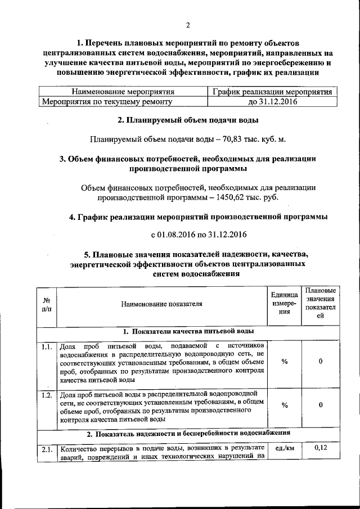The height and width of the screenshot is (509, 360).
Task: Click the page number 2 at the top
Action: click(x=188, y=25)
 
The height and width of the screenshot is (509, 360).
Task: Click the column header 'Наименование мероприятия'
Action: click(x=123, y=92)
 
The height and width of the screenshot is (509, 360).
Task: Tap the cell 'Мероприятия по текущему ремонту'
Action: click(x=107, y=102)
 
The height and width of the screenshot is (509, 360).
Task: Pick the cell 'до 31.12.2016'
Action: click(x=273, y=102)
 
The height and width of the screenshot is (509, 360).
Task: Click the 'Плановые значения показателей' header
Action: click(x=320, y=304)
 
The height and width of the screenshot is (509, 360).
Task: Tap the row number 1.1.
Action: click(x=47, y=346)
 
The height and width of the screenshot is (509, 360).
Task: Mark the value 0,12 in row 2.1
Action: click(x=320, y=448)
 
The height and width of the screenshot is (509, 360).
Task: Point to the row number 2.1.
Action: click(x=47, y=449)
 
